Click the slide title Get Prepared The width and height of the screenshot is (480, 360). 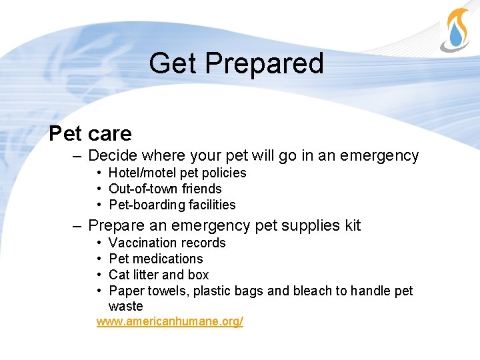tap(236, 63)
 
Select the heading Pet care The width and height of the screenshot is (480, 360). tap(90, 133)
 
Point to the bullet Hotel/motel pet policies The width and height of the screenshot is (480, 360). tap(177, 173)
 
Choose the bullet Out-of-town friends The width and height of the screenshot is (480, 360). tap(165, 189)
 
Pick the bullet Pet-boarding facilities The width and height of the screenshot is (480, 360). tap(172, 205)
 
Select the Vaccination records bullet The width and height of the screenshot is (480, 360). tap(167, 243)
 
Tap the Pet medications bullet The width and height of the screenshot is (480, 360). tap(155, 259)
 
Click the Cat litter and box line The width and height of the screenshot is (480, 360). tap(159, 275)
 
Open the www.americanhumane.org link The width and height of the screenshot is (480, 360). tap(169, 322)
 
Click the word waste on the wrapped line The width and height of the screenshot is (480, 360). tap(125, 307)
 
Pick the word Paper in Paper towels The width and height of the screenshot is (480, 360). tap(125, 291)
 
